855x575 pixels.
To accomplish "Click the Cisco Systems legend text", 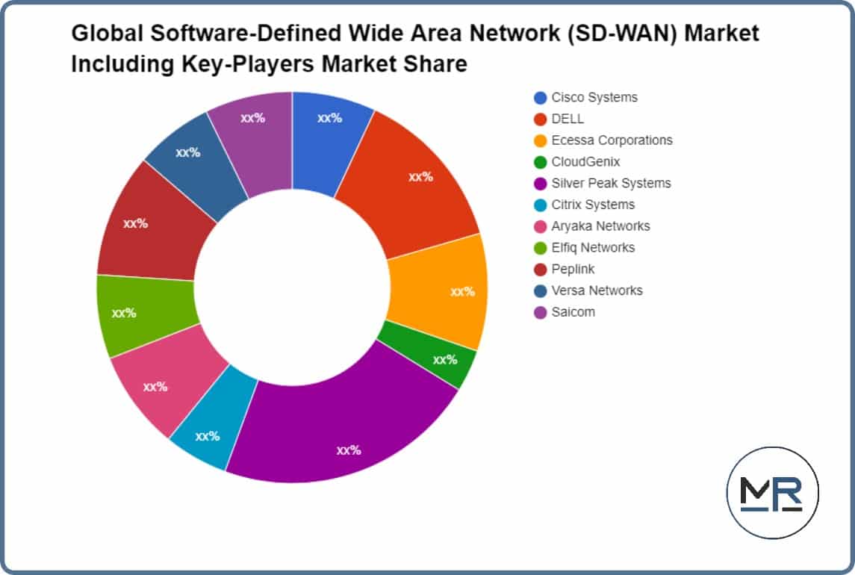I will click(594, 97).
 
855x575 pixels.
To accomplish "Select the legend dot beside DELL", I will click(540, 119).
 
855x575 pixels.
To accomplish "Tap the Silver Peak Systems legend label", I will click(611, 183).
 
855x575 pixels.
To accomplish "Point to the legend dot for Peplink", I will click(540, 269).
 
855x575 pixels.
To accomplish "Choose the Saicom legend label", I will click(573, 312).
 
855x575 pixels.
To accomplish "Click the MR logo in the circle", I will click(772, 493).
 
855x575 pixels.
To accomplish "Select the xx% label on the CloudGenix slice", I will click(445, 360).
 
